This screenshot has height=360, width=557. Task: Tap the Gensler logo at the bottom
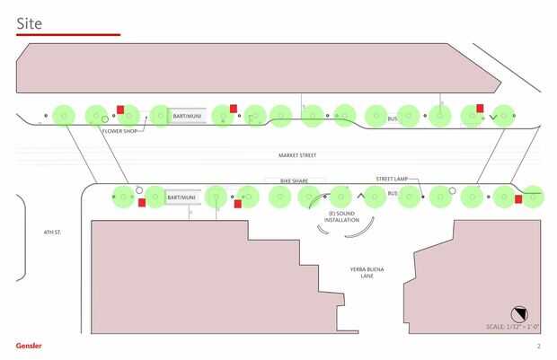click(28, 346)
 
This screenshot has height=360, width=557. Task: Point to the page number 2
click(538, 346)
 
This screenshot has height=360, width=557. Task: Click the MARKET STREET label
click(297, 155)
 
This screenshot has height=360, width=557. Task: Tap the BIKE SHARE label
click(294, 180)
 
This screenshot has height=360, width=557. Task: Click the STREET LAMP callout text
click(392, 180)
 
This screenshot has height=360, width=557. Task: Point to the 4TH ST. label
click(51, 232)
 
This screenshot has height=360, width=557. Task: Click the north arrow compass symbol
click(518, 312)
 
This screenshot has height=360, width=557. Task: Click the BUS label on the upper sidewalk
click(392, 119)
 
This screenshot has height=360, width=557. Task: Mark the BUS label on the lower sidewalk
click(392, 194)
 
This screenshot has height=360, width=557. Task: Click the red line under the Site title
click(68, 35)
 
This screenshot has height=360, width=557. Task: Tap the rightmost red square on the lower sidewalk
click(518, 199)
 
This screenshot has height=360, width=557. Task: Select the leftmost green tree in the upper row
click(63, 115)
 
